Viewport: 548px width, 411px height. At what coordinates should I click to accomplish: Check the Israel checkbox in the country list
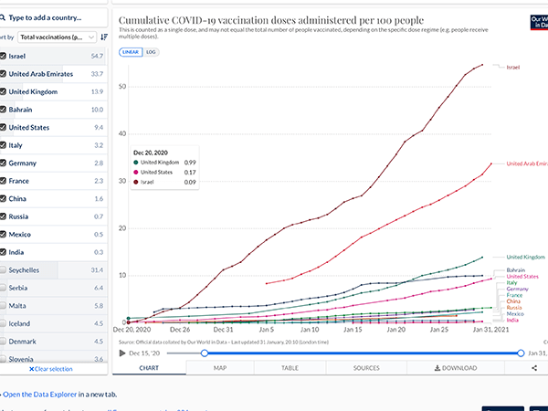[x=3, y=56]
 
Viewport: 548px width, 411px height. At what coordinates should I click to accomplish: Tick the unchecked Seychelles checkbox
[x=3, y=270]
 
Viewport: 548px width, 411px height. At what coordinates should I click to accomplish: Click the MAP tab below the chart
[x=220, y=368]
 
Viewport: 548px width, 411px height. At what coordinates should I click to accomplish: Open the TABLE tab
[x=290, y=368]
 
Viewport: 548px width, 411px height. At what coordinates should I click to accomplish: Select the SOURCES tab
[x=366, y=368]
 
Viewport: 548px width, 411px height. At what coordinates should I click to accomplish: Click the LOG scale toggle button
[x=152, y=52]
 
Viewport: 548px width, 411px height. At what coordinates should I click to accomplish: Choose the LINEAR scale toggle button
[x=131, y=52]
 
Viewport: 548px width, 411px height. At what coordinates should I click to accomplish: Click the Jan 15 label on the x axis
[x=353, y=330]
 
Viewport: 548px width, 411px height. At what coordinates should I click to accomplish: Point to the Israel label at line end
[x=512, y=68]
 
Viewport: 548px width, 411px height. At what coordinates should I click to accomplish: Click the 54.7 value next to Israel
[x=97, y=56]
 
